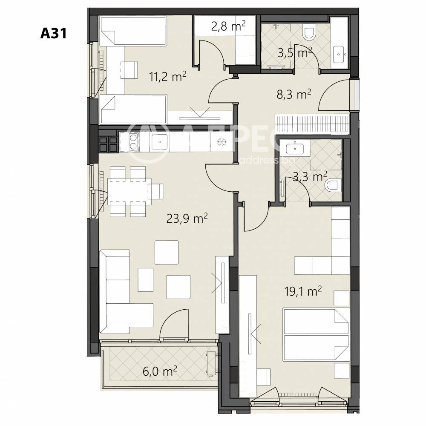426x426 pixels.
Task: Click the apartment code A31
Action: (x=54, y=33)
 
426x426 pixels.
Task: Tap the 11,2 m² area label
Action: (x=167, y=77)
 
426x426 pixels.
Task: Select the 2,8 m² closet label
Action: (x=228, y=26)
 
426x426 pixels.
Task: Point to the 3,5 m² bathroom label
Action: (x=295, y=53)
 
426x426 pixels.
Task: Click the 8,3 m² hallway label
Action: (x=294, y=95)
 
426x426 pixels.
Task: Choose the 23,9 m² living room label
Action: (x=187, y=218)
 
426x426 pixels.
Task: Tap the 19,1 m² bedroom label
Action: (x=303, y=291)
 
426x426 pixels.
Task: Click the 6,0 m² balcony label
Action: (x=160, y=371)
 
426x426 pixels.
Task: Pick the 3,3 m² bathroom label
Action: (x=310, y=177)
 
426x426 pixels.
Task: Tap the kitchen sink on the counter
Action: (x=159, y=142)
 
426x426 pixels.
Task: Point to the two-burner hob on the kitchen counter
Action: (x=133, y=142)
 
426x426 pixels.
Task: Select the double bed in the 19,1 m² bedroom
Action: (x=316, y=334)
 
